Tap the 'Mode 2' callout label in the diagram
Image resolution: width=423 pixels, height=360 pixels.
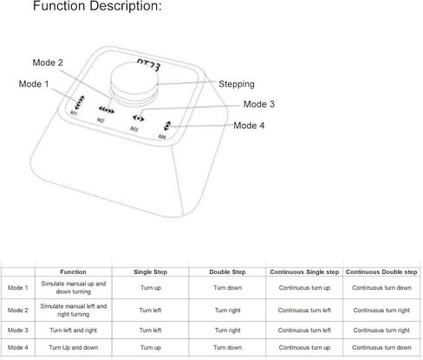click(x=47, y=62)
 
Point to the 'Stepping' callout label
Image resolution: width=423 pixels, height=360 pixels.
click(x=236, y=84)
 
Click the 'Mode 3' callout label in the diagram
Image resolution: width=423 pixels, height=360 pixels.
click(x=258, y=104)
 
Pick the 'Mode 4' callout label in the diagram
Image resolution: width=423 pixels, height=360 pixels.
click(x=250, y=125)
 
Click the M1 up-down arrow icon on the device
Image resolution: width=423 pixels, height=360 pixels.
click(x=80, y=101)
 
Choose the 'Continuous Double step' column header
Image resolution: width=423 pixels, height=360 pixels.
click(x=381, y=272)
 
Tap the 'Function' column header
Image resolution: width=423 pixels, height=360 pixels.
click(x=73, y=272)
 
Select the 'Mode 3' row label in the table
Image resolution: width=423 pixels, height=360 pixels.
click(x=17, y=331)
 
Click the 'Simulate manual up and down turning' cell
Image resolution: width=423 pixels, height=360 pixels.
click(x=73, y=288)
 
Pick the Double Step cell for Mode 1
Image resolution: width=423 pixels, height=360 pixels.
click(x=227, y=288)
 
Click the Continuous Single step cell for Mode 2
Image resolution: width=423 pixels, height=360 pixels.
click(x=304, y=310)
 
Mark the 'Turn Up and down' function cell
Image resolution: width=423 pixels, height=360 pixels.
click(x=73, y=348)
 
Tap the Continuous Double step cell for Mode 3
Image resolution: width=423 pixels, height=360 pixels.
click(x=381, y=331)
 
